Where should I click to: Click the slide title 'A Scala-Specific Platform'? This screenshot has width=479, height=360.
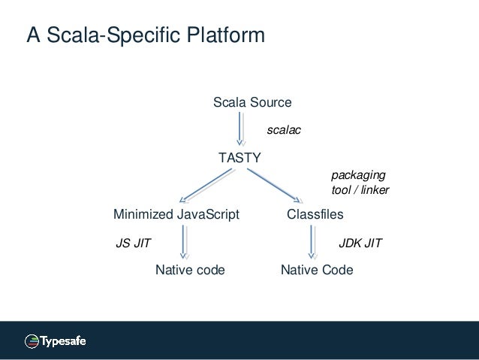click(145, 36)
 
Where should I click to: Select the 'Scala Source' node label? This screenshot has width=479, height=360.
click(252, 102)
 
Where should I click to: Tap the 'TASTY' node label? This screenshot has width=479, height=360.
click(239, 158)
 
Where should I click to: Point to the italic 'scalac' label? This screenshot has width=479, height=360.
click(284, 131)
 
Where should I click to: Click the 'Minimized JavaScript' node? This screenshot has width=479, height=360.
click(176, 215)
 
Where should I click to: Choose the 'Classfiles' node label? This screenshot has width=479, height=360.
click(315, 215)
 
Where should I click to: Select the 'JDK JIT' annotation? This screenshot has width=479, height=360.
click(361, 244)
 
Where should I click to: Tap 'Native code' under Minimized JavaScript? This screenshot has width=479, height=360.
click(190, 270)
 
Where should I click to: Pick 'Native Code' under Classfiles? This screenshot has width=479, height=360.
click(316, 270)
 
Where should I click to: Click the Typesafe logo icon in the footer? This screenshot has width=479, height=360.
click(32, 341)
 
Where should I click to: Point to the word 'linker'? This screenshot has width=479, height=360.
click(375, 190)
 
